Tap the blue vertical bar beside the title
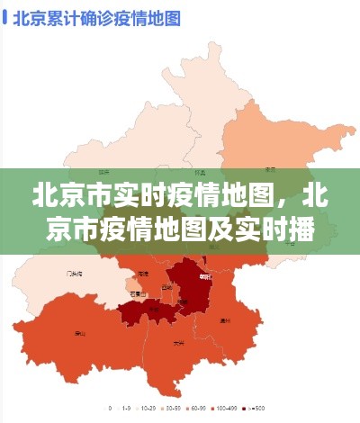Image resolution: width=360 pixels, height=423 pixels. point(7,18)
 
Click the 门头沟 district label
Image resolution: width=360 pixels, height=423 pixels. point(75,273)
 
